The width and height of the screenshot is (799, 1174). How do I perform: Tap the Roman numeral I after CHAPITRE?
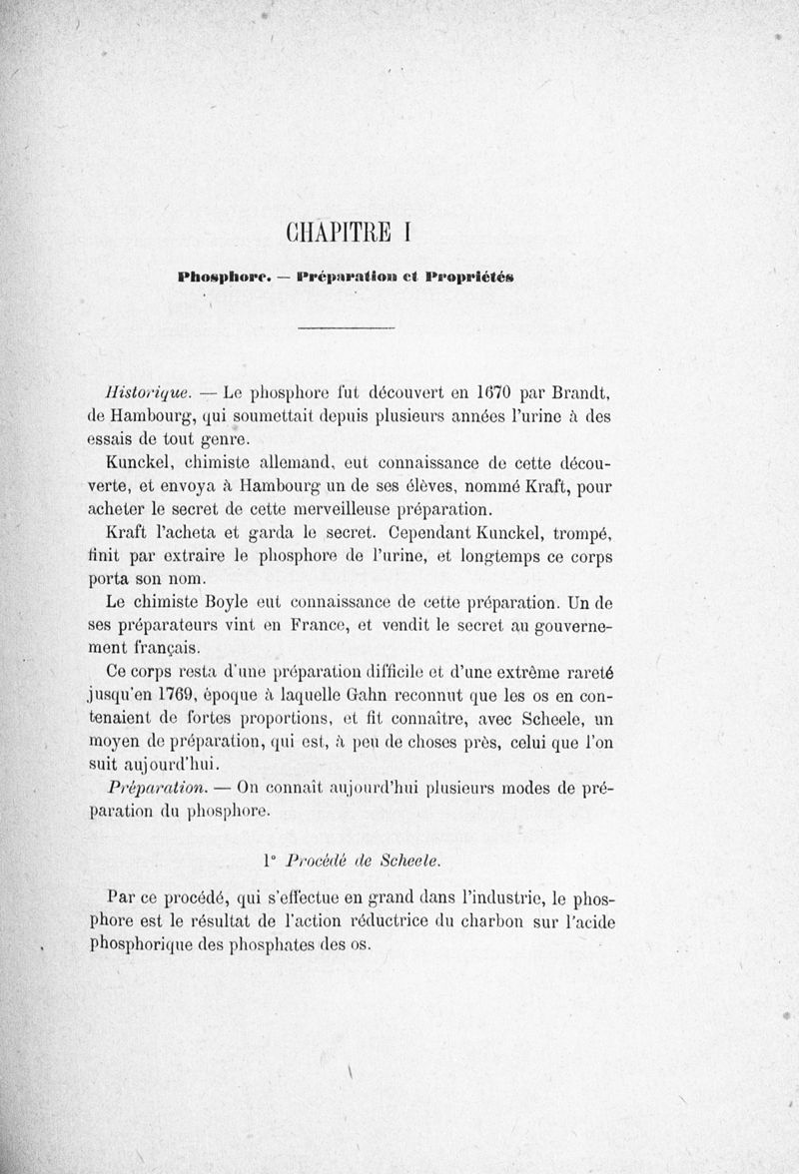407,233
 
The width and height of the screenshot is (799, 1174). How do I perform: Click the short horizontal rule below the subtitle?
348,328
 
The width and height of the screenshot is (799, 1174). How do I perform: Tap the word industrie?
506,897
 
